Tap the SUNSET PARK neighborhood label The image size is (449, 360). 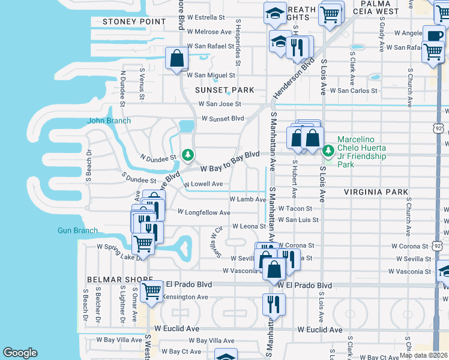click(x=224, y=90)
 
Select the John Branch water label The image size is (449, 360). click(x=109, y=121)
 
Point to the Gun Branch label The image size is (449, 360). click(x=77, y=230)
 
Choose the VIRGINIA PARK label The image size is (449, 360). click(x=376, y=192)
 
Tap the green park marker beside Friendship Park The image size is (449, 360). click(x=328, y=151)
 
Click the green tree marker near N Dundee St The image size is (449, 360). click(x=188, y=156)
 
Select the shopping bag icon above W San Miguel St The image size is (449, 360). click(x=176, y=59)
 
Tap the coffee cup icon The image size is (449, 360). click(x=433, y=34)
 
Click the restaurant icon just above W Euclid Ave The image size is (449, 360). click(x=274, y=304)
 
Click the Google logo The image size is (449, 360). click(x=20, y=353)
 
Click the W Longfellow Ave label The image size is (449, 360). click(x=204, y=212)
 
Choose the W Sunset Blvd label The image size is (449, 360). click(x=223, y=118)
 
